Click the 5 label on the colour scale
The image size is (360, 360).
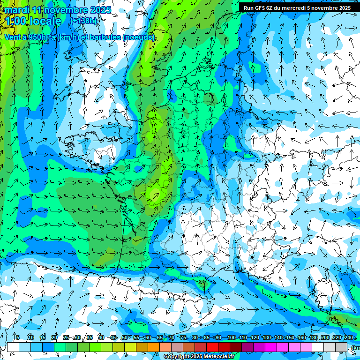(x=17, y=337)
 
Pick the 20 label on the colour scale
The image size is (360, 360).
(x=54, y=337)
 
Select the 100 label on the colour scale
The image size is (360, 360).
(x=231, y=337)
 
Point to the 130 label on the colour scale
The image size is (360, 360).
(x=266, y=337)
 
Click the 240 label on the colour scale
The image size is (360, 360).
(x=348, y=337)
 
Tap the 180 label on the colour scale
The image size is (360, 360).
(x=313, y=337)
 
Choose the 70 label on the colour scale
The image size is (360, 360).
(x=172, y=337)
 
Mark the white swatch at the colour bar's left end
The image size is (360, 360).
(x=13, y=347)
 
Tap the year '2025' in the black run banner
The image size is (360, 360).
(x=343, y=7)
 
